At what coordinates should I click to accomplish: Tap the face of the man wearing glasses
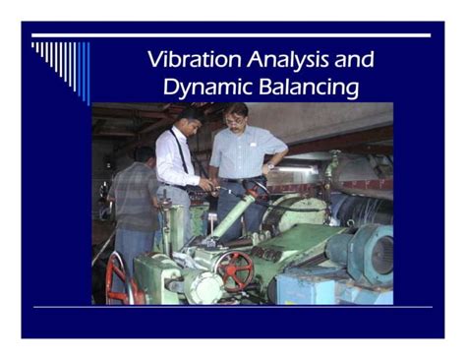[236, 118]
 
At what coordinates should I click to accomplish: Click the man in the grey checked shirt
[134, 202]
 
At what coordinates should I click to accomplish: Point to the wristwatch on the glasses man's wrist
[269, 169]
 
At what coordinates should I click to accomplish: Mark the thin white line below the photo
[232, 308]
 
